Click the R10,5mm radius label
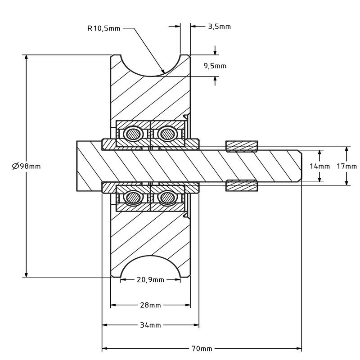(103, 28)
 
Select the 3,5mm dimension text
(219, 27)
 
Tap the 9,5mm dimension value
(215, 66)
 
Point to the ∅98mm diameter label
(26, 166)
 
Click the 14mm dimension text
(319, 166)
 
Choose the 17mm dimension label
(346, 166)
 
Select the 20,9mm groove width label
(150, 280)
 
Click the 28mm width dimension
(150, 305)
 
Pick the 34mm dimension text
(150, 325)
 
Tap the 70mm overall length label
(202, 349)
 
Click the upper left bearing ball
(134, 133)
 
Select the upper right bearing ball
(167, 133)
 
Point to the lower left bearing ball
(134, 197)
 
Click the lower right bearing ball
(167, 197)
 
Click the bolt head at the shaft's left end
(89, 166)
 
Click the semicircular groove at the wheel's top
(150, 63)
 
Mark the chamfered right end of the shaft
(299, 166)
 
